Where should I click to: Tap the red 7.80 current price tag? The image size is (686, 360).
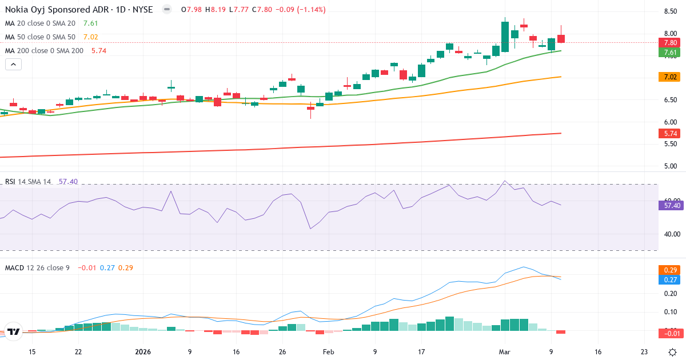671,43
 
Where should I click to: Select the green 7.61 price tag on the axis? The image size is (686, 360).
671,53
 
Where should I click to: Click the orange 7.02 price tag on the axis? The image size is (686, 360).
671,77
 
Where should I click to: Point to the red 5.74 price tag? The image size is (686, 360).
671,133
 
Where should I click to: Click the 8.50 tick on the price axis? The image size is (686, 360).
671,11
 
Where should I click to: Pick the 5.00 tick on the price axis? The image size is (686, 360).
671,166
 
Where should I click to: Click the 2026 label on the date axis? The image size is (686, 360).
143,352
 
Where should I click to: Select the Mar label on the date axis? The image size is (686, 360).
505,352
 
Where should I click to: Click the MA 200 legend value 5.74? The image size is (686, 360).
99,51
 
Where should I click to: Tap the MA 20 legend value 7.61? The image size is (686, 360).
90,23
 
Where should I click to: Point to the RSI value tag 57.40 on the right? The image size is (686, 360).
671,205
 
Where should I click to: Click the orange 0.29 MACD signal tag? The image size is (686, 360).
671,270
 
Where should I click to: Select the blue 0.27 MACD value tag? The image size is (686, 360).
671,279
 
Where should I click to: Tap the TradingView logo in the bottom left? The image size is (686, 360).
14,331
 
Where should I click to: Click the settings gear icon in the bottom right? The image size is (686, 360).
673,352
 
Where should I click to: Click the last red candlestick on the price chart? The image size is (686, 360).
561,38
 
